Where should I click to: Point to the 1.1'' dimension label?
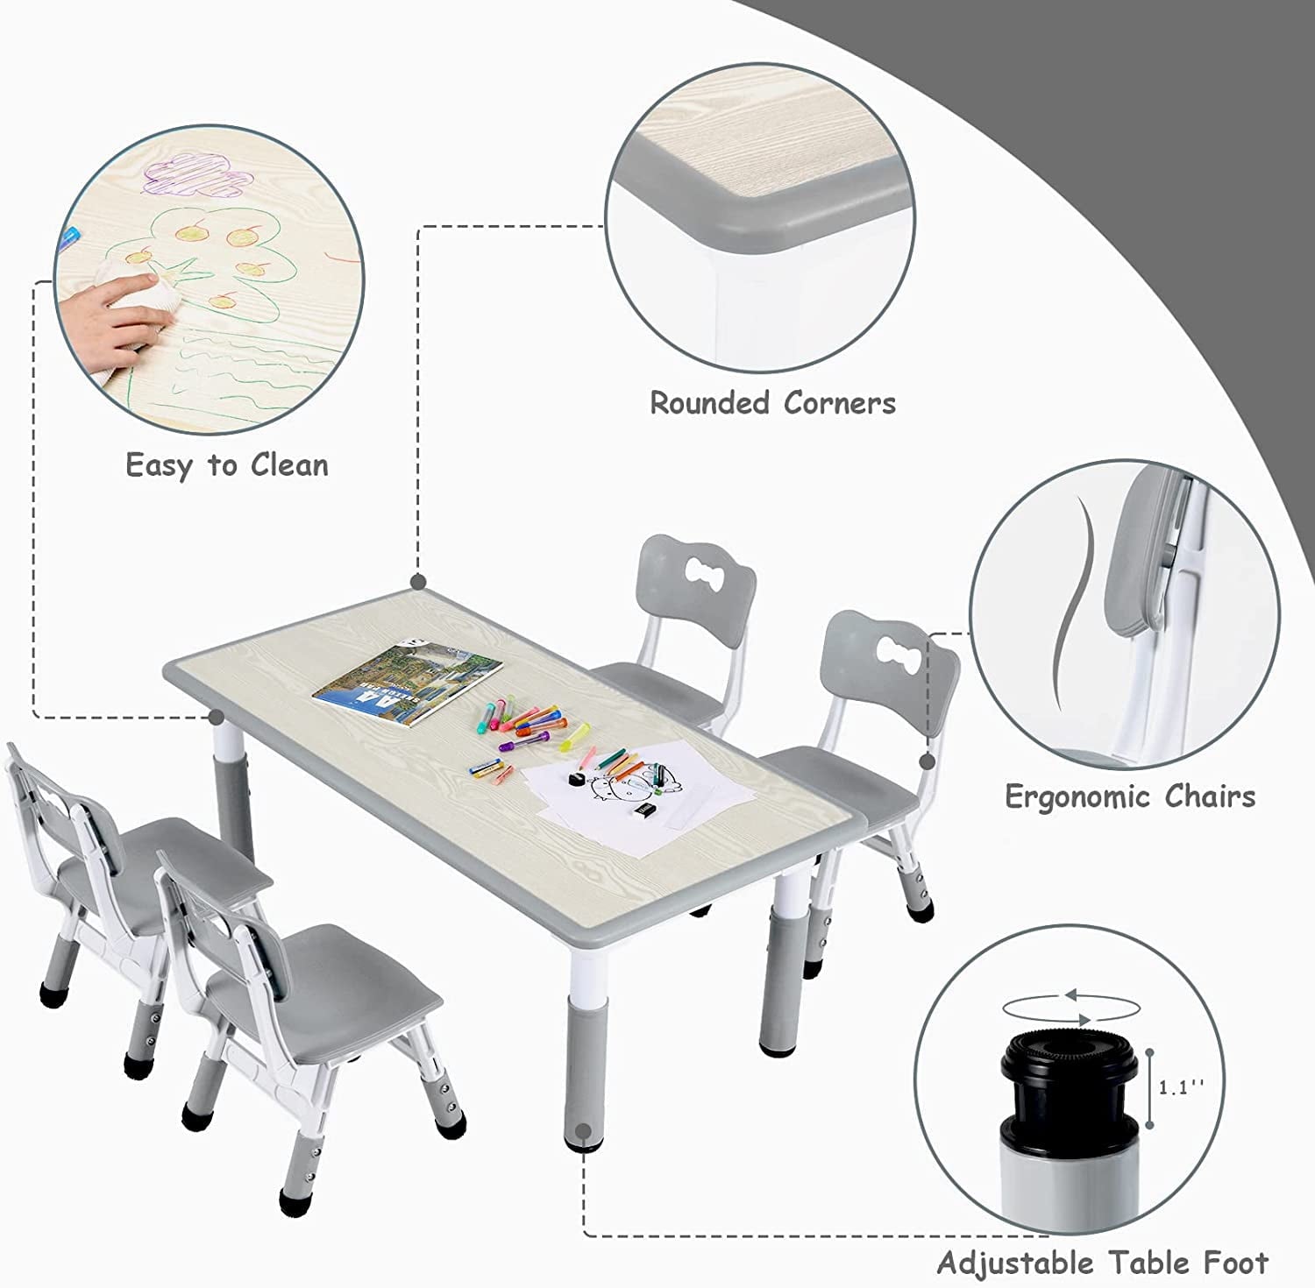(1181, 1087)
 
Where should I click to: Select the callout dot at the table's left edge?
(216, 718)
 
